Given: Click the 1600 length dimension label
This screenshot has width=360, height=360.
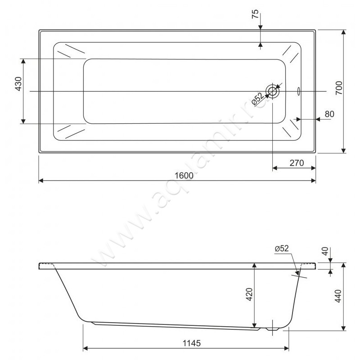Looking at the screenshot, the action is coord(184,175).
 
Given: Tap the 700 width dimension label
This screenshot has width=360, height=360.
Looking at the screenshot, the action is coord(339,88).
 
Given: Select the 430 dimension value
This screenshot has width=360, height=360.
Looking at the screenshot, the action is coord(18,84).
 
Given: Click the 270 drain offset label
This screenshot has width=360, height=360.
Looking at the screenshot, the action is coord(297,163).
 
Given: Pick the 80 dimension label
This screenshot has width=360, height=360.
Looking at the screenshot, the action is coord(329,114).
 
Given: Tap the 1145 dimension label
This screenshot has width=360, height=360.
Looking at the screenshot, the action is coord(192,343).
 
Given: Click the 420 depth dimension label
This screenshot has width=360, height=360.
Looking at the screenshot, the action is coord(249,294).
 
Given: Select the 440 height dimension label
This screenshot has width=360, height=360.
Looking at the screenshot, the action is coord(338,296).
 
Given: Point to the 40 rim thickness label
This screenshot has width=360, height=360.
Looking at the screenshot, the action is coord(325,252).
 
